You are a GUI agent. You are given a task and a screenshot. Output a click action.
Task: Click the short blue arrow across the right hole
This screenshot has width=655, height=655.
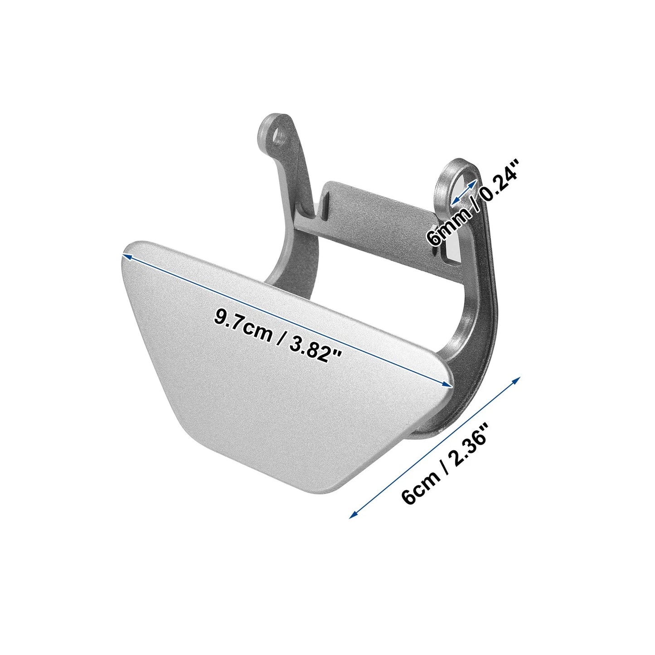click(463, 193)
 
